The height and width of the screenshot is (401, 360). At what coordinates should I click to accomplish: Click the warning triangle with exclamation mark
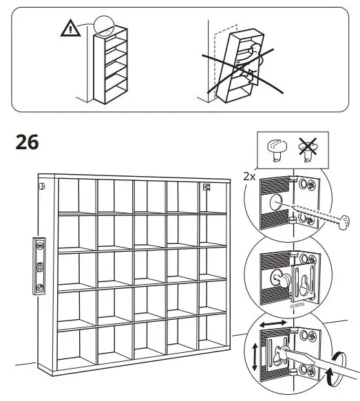[70, 28]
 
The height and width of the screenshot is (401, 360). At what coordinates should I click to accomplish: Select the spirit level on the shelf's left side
[41, 265]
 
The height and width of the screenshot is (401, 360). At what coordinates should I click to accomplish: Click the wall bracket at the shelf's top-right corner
[205, 186]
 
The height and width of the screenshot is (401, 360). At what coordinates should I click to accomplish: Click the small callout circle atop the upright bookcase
[105, 25]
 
